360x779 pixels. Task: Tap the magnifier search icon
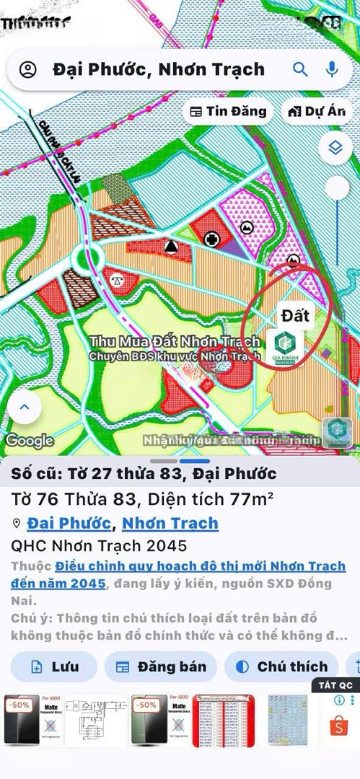[300, 69]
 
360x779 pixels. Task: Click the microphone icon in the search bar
[332, 69]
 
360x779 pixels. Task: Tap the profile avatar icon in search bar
[27, 70]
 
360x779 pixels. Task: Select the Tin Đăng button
[228, 112]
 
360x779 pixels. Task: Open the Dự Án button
[316, 112]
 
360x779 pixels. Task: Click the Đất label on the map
[295, 316]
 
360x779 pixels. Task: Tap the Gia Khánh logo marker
[284, 347]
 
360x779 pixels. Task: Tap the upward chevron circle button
[25, 407]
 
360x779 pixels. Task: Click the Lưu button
[54, 666]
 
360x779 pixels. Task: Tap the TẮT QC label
[335, 685]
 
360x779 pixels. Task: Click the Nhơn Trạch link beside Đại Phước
[170, 523]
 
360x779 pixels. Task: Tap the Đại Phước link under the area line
[69, 523]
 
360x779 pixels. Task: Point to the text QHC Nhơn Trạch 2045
[99, 545]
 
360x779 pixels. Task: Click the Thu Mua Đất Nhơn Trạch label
[174, 341]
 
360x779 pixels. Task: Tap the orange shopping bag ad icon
[338, 725]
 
